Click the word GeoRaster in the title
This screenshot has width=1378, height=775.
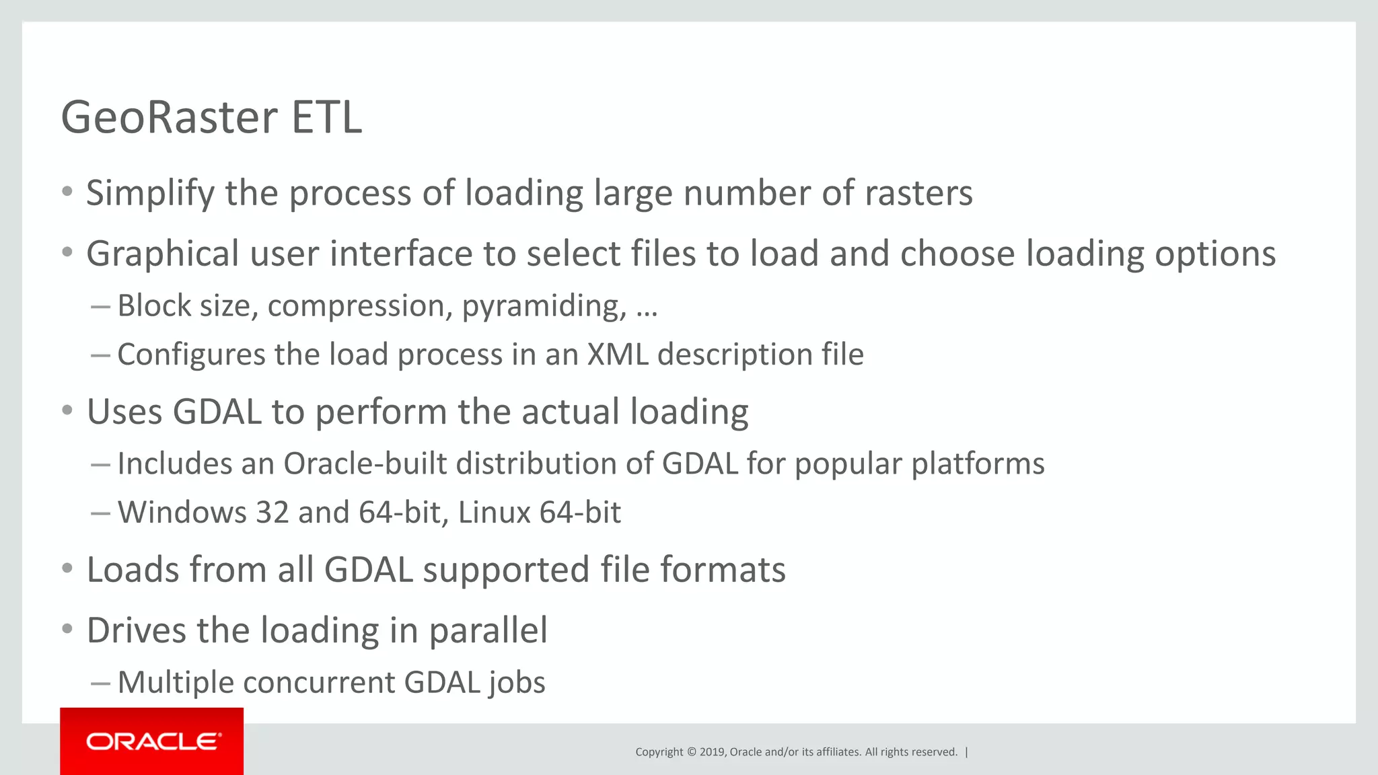[168, 118]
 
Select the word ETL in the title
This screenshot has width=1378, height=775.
[327, 118]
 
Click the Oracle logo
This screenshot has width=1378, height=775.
[152, 741]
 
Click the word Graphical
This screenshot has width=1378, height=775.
[162, 254]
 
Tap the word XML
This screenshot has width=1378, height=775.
[618, 355]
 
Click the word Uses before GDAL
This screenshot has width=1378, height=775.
[124, 412]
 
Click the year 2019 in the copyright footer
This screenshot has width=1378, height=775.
[712, 752]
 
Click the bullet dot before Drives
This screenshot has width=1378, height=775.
[67, 629]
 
